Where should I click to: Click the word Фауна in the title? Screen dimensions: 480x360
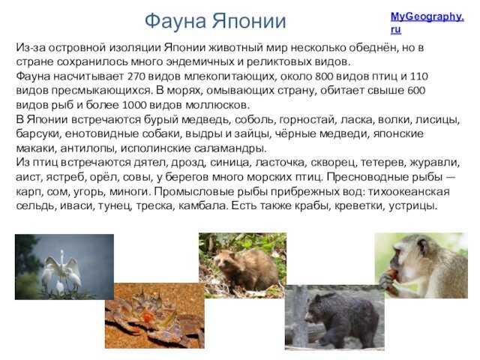[175, 22]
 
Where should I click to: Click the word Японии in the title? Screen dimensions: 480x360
[249, 21]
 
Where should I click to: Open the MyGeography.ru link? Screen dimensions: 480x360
[427, 22]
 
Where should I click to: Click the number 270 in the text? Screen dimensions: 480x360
[136, 76]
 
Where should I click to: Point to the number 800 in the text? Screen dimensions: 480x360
[323, 76]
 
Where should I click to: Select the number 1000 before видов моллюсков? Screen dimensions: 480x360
[133, 105]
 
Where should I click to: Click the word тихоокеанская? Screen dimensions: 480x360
[409, 192]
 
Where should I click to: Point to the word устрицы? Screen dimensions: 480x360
[413, 206]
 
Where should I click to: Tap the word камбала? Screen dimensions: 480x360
[203, 205]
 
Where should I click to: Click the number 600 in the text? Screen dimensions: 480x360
[416, 91]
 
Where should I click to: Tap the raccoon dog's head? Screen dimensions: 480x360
[225, 262]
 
